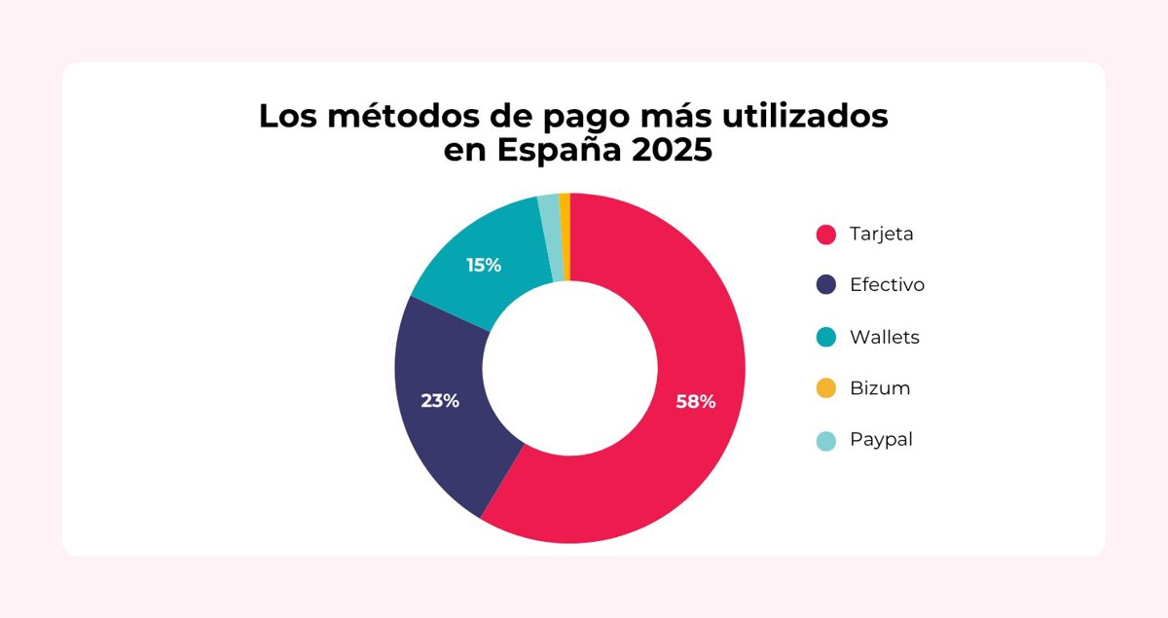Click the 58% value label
coord(696,401)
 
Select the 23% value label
coord(440,400)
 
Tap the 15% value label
coord(484,265)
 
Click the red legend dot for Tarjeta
coord(826,235)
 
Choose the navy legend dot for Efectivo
coord(826,285)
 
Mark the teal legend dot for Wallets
coord(826,337)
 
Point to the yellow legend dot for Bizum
coord(826,388)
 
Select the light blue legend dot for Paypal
coord(826,440)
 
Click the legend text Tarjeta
coord(882,235)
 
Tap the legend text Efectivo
coord(887,285)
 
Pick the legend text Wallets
coord(884,337)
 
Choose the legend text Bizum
coord(880,388)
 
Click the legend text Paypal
coord(881,440)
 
